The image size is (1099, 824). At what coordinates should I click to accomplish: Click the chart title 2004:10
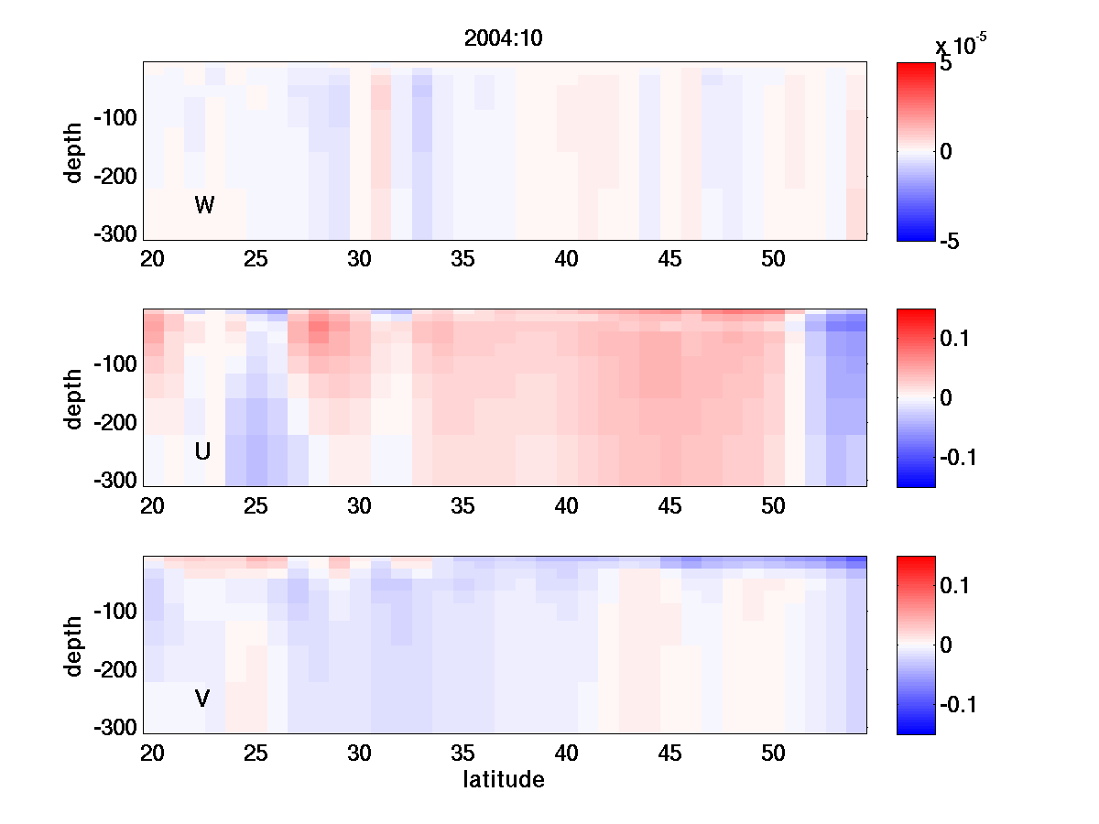click(504, 39)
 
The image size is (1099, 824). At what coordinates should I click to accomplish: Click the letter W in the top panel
click(204, 206)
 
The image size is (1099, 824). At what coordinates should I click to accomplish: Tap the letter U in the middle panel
click(202, 451)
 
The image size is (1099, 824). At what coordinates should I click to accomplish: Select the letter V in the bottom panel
click(202, 699)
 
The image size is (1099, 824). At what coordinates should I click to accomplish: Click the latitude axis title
click(504, 780)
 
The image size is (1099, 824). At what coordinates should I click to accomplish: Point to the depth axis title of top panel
click(74, 152)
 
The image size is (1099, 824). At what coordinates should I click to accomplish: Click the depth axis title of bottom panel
click(74, 645)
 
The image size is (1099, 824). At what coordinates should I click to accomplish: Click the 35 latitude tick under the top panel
click(462, 260)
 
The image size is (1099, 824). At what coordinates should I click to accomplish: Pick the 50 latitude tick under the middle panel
click(774, 506)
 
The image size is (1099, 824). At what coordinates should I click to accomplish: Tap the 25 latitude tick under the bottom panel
click(256, 754)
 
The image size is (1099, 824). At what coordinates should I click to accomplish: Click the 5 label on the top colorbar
click(946, 65)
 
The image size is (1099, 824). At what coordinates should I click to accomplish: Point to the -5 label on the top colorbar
click(949, 241)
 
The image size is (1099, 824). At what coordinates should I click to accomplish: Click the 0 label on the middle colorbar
click(947, 398)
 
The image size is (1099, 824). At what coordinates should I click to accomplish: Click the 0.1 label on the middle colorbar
click(956, 340)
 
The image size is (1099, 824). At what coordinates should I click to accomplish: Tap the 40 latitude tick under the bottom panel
click(567, 754)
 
